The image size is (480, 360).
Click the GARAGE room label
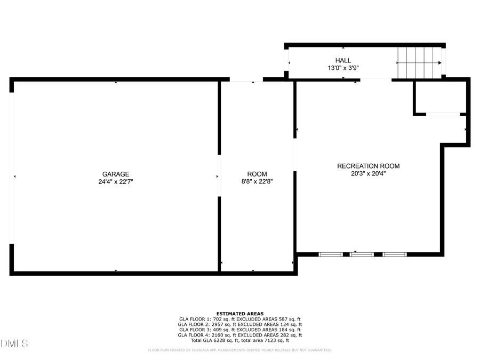(116, 174)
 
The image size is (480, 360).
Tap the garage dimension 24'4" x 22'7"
(116, 182)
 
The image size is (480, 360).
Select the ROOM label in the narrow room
(257, 174)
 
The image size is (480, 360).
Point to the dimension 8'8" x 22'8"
(257, 182)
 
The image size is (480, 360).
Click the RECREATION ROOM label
(368, 166)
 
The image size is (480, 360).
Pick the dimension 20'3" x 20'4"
(368, 173)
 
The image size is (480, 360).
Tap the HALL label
(343, 60)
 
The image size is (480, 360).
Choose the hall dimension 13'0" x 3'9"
(343, 68)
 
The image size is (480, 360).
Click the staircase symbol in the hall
(419, 63)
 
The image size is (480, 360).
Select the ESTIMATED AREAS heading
(239, 314)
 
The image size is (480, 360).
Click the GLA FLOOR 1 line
(239, 319)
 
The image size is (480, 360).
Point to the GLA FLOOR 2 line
(239, 324)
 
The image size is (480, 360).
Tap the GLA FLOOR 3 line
(239, 330)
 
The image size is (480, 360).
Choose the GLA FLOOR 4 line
(239, 335)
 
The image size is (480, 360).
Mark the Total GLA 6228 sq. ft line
(239, 340)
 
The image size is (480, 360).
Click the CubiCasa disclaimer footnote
(239, 350)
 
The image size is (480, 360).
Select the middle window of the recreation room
(362, 254)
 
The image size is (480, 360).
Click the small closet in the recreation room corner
(440, 97)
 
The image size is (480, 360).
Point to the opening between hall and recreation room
(375, 80)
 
